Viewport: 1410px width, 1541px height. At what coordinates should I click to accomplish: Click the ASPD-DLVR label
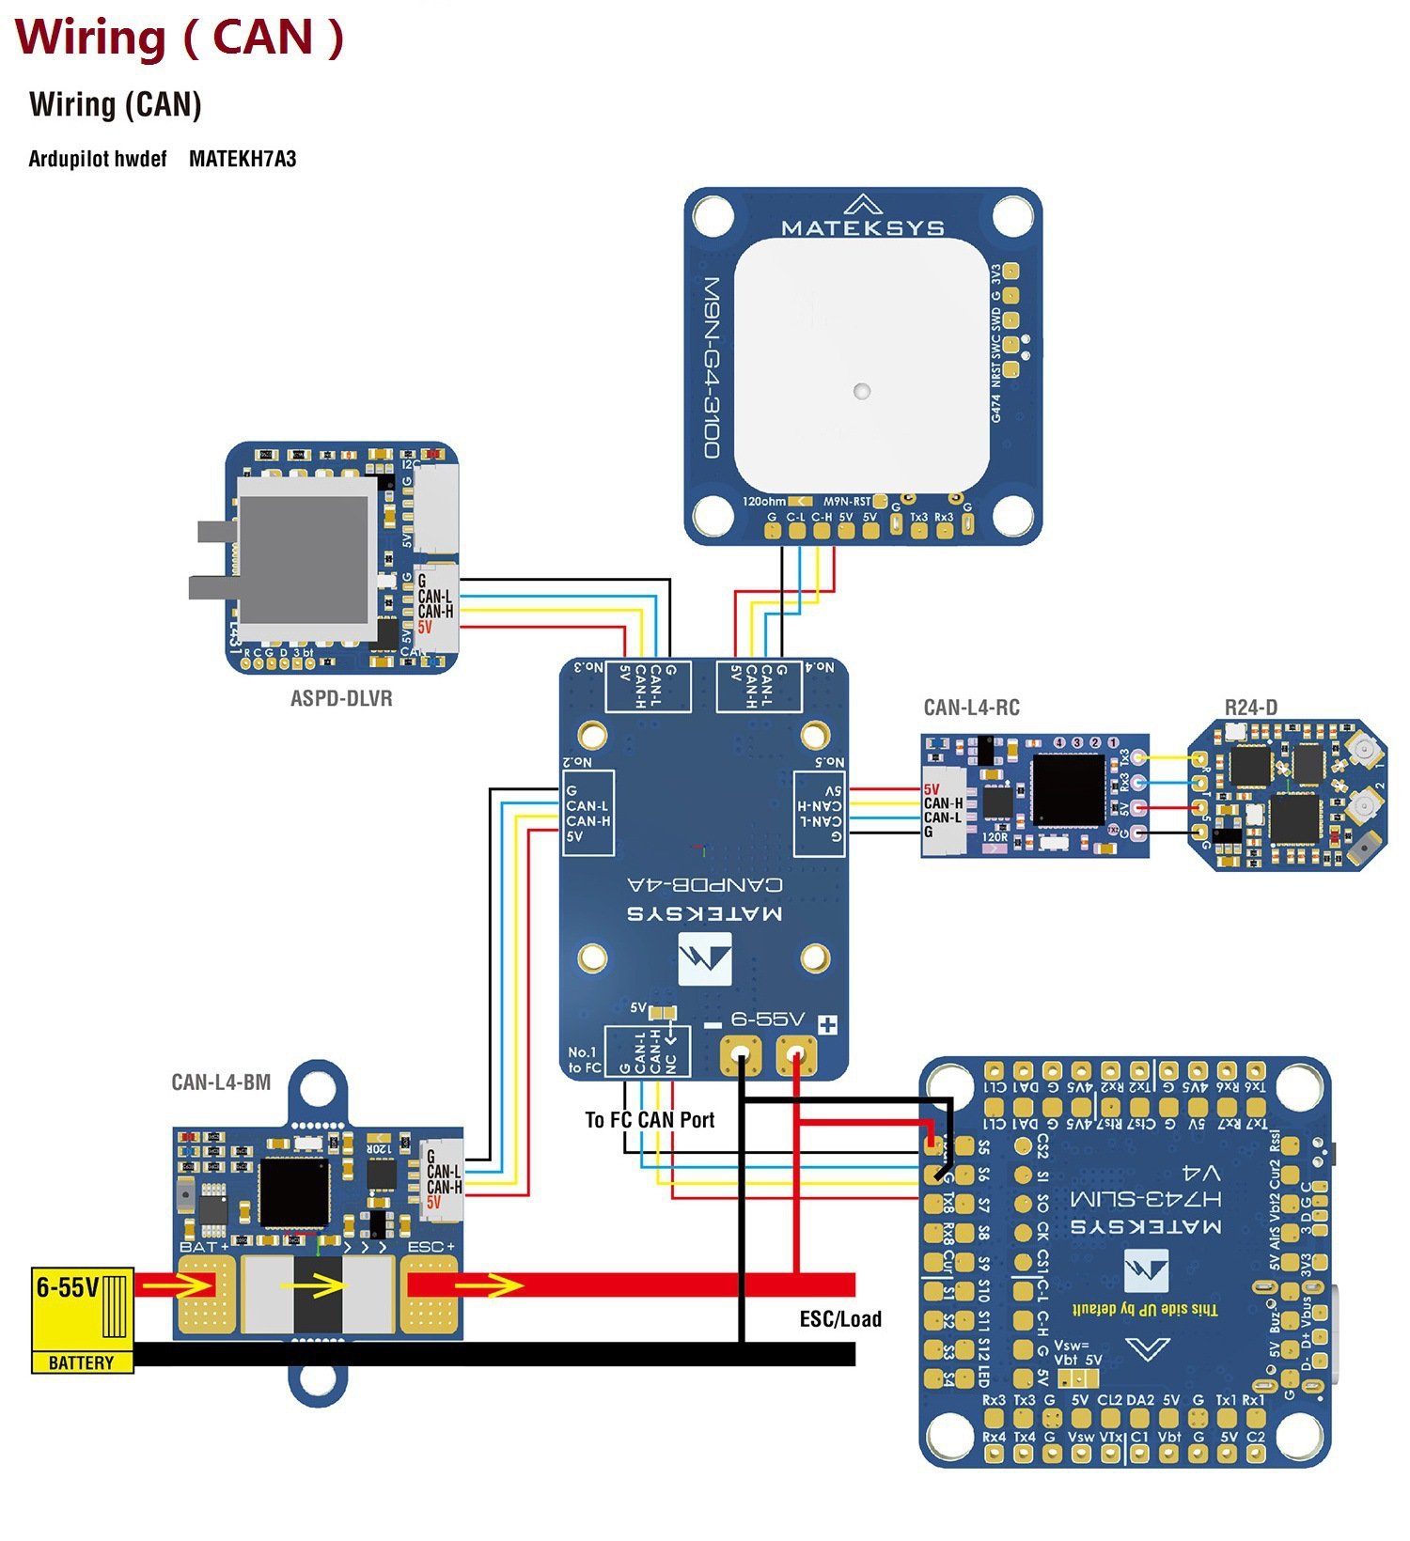point(340,698)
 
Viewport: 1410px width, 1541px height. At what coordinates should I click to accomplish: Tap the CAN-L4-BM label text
point(221,1082)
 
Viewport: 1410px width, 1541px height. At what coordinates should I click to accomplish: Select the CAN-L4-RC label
point(971,708)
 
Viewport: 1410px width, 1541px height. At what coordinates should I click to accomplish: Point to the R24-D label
point(1250,708)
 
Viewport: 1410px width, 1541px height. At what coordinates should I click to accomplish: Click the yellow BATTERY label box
point(81,1362)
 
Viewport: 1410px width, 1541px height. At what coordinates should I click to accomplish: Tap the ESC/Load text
point(840,1318)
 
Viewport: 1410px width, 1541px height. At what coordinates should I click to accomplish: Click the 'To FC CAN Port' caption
point(650,1119)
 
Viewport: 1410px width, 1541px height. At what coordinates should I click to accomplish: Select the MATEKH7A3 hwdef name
point(243,159)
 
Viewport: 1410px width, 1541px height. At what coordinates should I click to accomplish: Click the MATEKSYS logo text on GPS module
point(863,227)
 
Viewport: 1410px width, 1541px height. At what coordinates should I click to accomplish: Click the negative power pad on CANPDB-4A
point(742,1055)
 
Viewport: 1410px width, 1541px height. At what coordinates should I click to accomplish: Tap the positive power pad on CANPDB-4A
point(797,1055)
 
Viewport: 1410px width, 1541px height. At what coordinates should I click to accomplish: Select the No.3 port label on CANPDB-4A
point(588,667)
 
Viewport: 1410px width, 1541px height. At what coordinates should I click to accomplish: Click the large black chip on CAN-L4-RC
point(1068,790)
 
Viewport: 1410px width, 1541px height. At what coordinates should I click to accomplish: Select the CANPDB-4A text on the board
point(704,884)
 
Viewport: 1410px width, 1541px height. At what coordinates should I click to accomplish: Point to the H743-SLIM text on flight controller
point(1146,1197)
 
